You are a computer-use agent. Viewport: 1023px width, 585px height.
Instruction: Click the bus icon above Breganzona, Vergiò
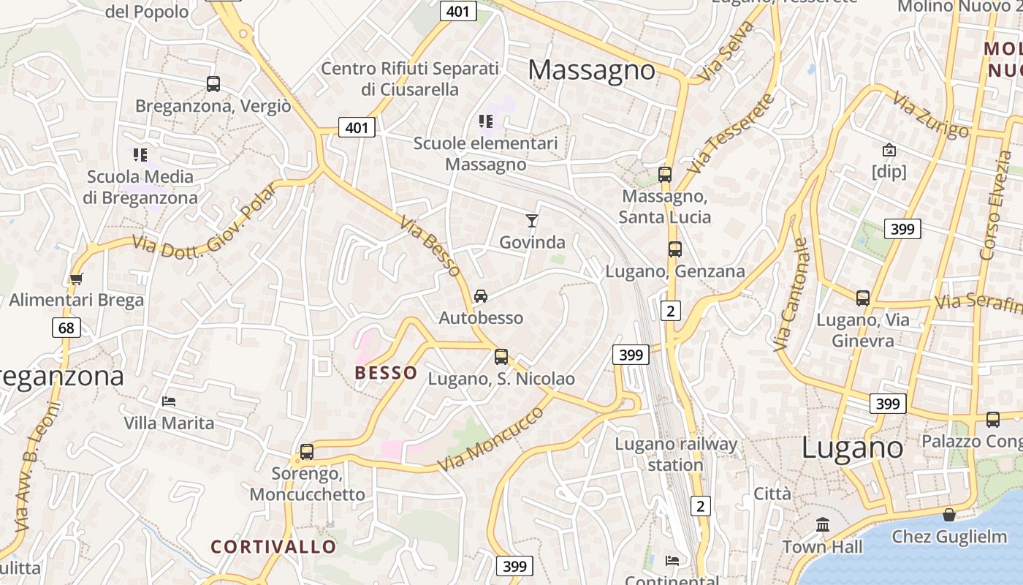[213, 84]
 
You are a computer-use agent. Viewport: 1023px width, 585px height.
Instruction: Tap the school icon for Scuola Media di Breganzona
[140, 154]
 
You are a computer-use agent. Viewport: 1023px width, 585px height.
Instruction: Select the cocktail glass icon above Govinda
[532, 220]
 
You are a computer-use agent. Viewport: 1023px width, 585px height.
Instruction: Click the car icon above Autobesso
[481, 296]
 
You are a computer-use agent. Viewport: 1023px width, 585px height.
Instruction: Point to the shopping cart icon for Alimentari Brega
[76, 279]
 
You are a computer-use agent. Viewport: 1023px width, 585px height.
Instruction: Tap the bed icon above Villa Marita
[169, 401]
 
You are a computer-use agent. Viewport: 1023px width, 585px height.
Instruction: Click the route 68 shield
[66, 328]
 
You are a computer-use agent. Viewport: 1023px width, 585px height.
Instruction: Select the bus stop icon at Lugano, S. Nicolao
[501, 357]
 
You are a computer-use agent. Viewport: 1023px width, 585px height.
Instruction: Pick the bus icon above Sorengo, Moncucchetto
[307, 452]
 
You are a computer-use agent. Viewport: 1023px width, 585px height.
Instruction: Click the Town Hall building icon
[823, 525]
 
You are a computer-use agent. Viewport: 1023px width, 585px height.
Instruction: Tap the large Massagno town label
[592, 70]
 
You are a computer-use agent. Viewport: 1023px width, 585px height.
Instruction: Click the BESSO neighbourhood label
[387, 373]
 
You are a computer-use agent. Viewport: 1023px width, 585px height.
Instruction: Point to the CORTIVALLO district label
[274, 546]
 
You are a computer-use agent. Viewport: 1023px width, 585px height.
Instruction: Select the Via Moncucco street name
[491, 439]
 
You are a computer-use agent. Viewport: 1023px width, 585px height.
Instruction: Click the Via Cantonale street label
[791, 294]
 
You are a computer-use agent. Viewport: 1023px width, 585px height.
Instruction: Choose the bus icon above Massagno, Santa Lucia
[664, 175]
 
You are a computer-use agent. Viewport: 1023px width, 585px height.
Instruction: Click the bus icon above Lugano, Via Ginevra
[863, 298]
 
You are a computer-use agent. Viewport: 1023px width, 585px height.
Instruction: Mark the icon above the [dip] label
[889, 150]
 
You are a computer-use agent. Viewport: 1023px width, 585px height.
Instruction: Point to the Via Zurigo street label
[931, 116]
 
